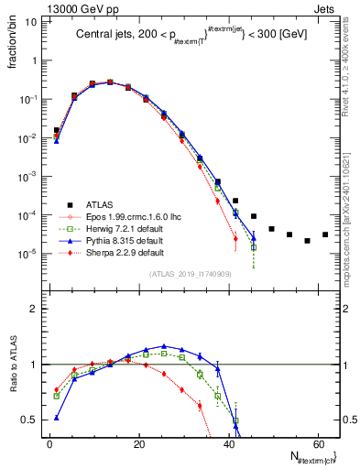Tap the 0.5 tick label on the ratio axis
(28, 420)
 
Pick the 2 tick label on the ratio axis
(33, 309)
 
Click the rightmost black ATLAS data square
(325, 234)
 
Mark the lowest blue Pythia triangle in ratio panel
(57, 417)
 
